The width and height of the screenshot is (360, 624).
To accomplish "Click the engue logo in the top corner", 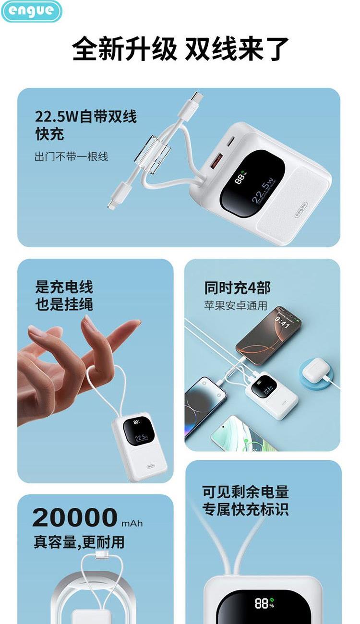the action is point(31,11).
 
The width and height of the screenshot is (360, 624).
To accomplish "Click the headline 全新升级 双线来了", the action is point(180,48).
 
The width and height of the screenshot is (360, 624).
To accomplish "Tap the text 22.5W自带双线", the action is point(86,117).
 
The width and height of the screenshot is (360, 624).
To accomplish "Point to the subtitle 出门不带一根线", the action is point(71,156).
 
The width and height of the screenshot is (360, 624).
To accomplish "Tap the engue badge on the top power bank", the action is point(301,210).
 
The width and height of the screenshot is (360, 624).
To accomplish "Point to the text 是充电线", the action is point(64,287).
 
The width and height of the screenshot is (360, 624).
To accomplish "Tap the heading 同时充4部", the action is point(237,288).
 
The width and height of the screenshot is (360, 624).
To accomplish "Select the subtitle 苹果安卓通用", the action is point(236,306).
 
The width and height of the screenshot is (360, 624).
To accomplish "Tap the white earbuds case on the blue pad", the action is point(314,369).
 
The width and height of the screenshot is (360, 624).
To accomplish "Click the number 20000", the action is point(75,517).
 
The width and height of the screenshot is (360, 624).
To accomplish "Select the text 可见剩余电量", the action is point(245,492).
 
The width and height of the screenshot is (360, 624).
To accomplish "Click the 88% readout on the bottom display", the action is point(264,603).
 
